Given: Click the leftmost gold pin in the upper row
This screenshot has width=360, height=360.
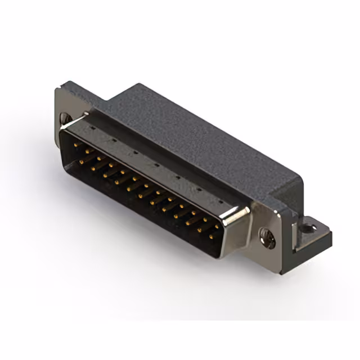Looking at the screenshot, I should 77,146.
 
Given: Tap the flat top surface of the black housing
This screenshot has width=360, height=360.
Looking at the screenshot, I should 191,135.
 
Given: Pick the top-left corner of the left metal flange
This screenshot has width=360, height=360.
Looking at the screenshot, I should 58,89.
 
